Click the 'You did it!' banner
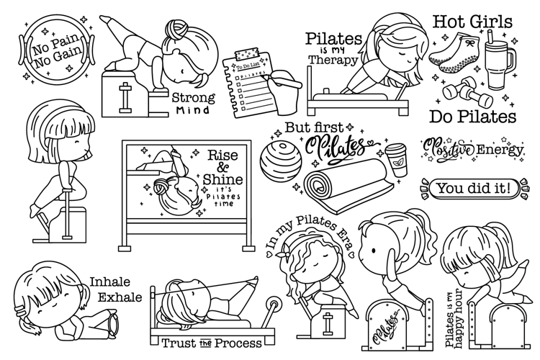pyautogui.click(x=477, y=189)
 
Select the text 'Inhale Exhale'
pyautogui.click(x=114, y=289)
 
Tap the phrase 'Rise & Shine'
pyautogui.click(x=223, y=167)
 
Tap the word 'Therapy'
pyautogui.click(x=332, y=62)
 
